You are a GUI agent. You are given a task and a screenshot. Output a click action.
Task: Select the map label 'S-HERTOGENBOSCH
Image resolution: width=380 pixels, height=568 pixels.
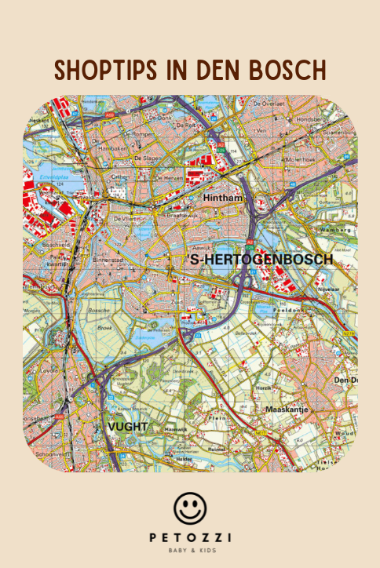(261, 258)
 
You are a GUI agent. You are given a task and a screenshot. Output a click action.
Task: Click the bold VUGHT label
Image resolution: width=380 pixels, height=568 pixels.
(127, 427)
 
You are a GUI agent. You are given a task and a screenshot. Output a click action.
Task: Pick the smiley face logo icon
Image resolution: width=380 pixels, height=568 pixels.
(189, 508)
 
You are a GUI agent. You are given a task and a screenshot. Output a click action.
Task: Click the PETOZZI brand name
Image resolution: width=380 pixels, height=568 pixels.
(189, 538)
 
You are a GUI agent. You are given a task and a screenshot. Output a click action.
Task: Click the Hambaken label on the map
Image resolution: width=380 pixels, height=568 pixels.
(111, 147)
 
